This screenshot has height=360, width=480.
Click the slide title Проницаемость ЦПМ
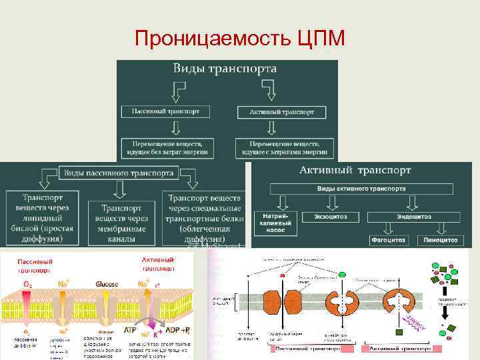pyautogui.click(x=239, y=39)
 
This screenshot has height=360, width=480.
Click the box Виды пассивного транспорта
pyautogui.click(x=119, y=173)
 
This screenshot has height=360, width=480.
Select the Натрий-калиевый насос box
pyautogui.click(x=274, y=223)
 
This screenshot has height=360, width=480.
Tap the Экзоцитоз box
pyautogui.click(x=330, y=217)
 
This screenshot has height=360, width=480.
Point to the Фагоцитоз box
pyautogui.click(x=386, y=239)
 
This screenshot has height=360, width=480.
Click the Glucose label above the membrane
pyautogui.click(x=107, y=285)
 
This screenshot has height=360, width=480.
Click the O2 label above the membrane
pyautogui.click(x=27, y=285)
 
